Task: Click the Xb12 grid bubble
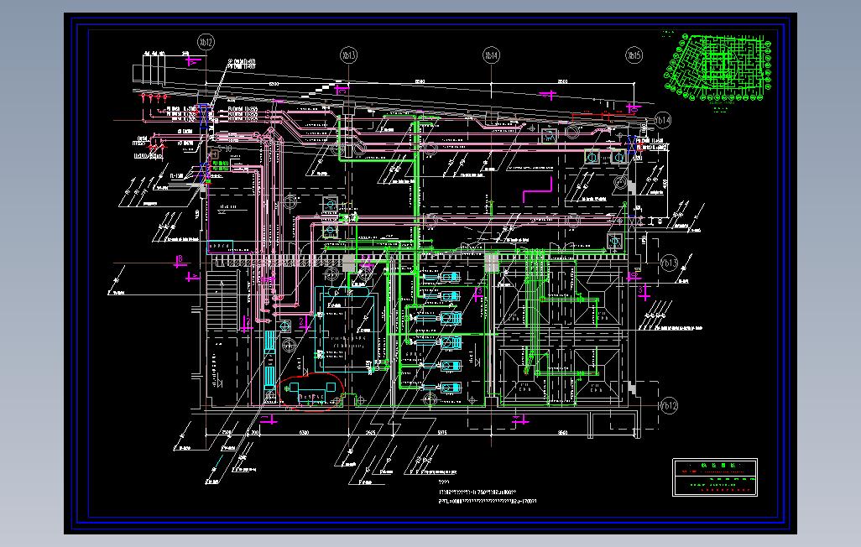(x=205, y=40)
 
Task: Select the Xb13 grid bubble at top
(x=347, y=55)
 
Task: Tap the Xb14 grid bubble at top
(x=490, y=55)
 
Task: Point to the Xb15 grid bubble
(x=633, y=55)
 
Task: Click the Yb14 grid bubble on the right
(x=663, y=120)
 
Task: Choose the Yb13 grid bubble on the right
(x=669, y=262)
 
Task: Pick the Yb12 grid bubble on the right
(x=669, y=406)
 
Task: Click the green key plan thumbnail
(x=717, y=63)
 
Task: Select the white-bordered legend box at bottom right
(x=715, y=478)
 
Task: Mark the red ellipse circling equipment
(x=312, y=393)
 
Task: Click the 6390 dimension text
(x=305, y=431)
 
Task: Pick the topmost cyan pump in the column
(x=451, y=277)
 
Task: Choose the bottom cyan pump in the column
(x=451, y=388)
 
